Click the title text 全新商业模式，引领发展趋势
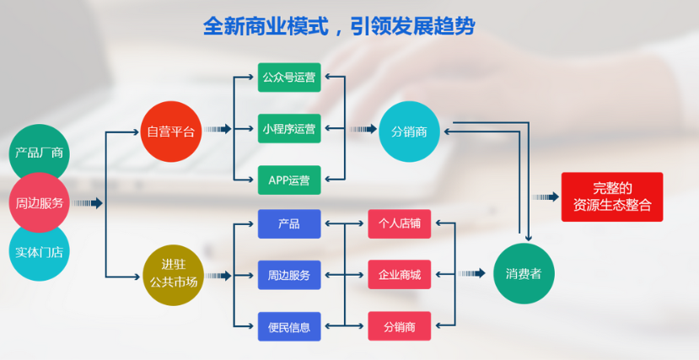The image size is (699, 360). (339, 26)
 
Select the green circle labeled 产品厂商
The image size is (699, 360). (38, 153)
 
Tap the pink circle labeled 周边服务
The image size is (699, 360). (39, 203)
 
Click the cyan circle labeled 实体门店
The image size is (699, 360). (38, 250)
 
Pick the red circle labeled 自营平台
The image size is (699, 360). (170, 132)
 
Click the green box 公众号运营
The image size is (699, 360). (289, 78)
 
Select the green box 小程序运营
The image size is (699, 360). (289, 129)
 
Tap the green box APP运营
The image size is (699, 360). (289, 180)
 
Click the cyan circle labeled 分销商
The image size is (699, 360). (409, 132)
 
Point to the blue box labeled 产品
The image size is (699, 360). (289, 224)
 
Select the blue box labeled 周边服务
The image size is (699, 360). (289, 275)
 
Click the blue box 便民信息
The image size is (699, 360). (289, 325)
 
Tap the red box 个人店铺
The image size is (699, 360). (400, 224)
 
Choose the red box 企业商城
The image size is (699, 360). (400, 275)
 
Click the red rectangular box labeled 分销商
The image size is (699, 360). (400, 325)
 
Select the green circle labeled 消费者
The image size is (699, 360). (523, 274)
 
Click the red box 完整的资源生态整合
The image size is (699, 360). (612, 196)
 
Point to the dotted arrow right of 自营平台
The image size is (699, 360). (218, 130)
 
